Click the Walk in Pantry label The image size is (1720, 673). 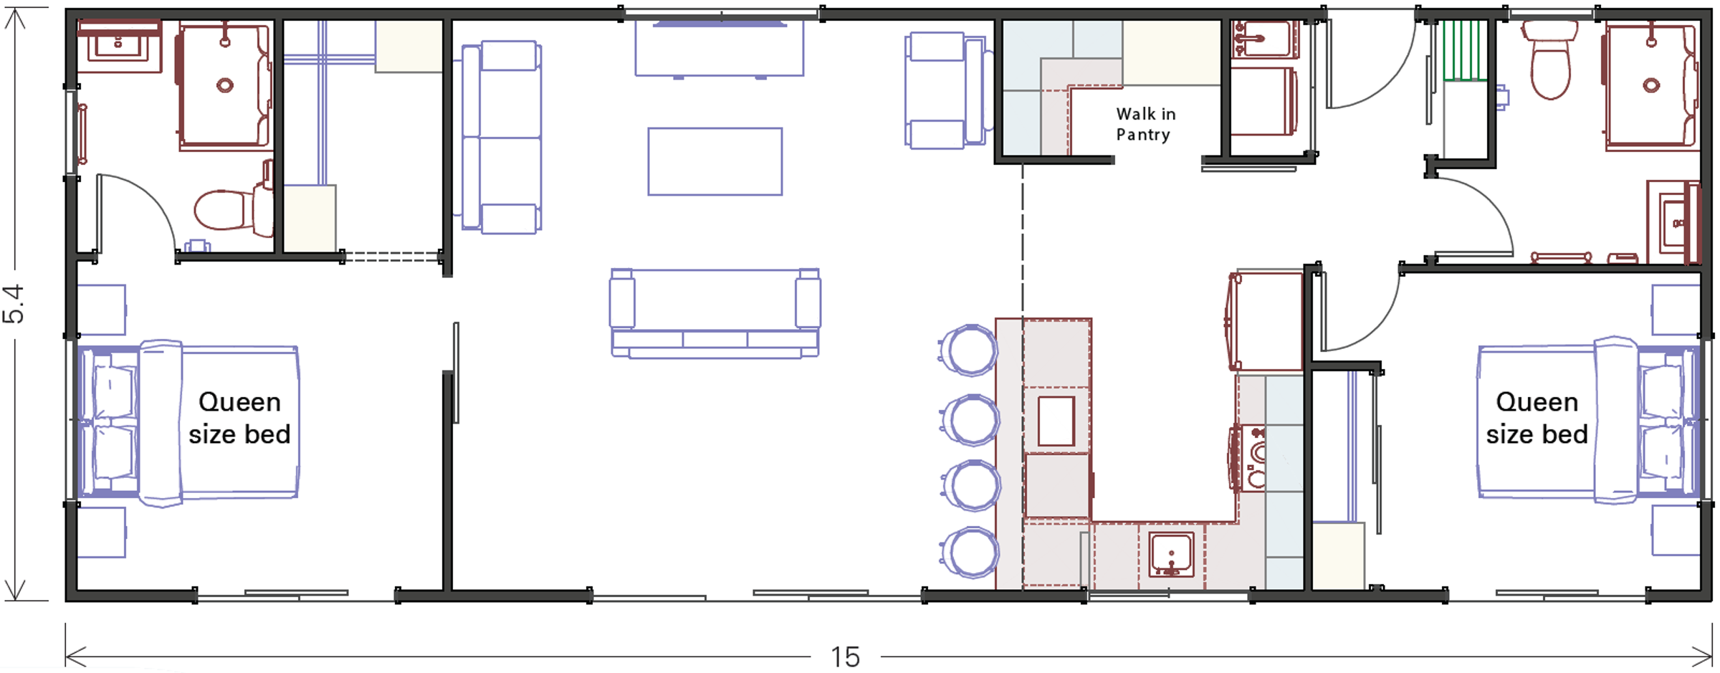1145,124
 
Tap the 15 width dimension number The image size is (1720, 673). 845,657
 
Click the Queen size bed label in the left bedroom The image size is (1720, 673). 239,418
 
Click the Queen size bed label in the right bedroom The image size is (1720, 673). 1537,418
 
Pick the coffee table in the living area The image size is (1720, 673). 715,161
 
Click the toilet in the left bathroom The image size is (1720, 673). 228,209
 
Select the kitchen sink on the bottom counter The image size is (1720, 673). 1171,554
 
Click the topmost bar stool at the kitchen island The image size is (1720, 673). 970,350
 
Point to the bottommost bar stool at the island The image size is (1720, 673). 970,553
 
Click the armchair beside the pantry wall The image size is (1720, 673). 945,90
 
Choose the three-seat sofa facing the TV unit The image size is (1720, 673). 715,314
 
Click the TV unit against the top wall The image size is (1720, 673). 719,48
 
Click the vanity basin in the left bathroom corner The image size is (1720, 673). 118,46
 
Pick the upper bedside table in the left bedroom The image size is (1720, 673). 101,310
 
